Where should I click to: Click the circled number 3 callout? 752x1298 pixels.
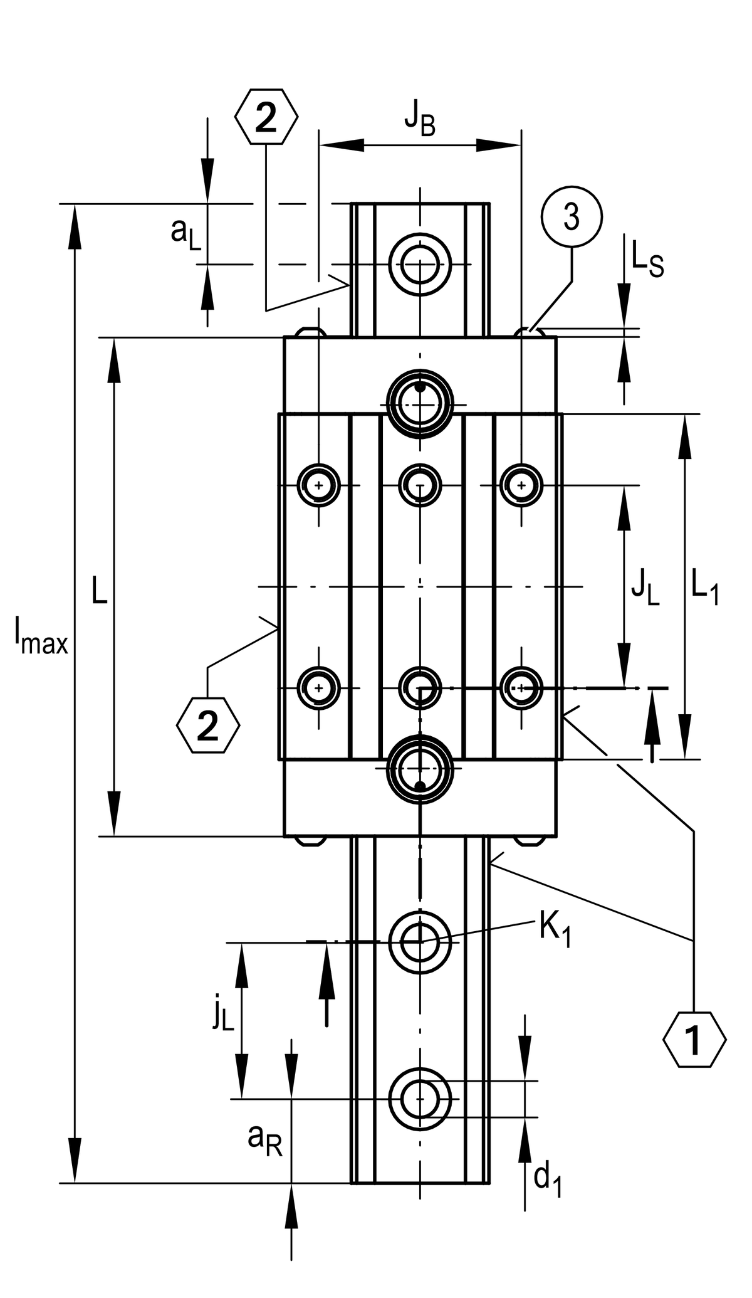[x=571, y=218]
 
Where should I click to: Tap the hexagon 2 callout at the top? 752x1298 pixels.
[x=266, y=117]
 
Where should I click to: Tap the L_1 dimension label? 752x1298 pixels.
[x=704, y=588]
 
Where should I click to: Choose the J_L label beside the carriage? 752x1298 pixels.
[x=645, y=589]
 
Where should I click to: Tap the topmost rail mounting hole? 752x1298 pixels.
[x=420, y=264]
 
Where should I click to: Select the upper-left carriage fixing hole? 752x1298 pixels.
[x=320, y=485]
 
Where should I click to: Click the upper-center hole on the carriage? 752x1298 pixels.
[x=420, y=485]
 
